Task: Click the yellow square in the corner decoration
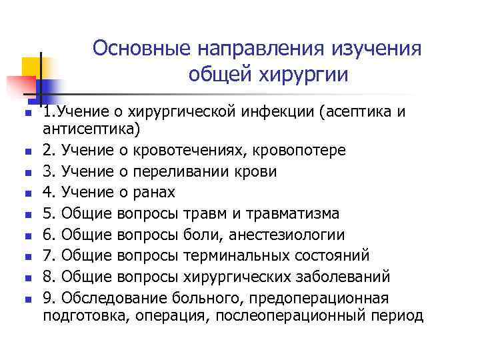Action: point(31,66)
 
